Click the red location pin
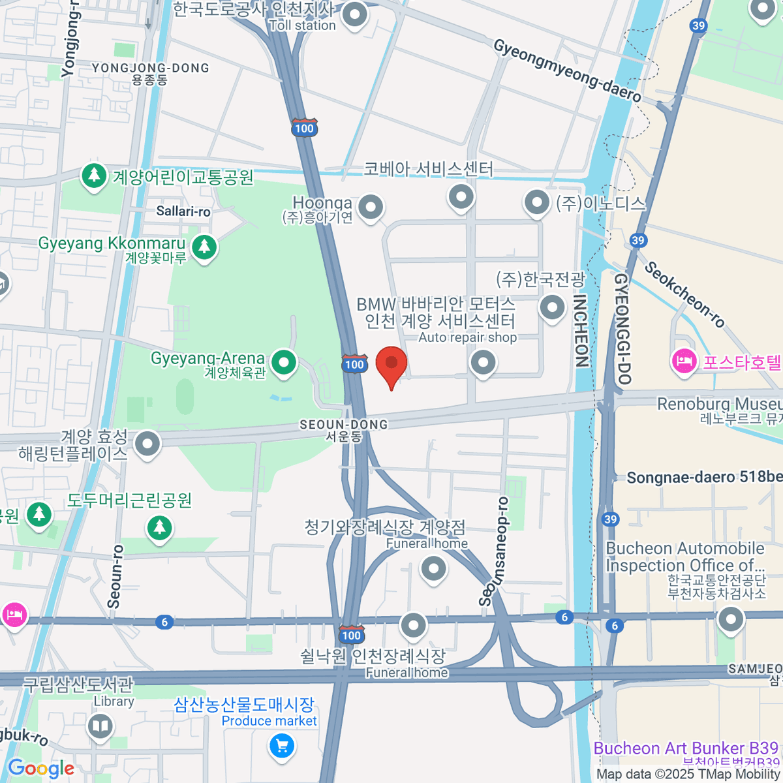[x=391, y=364]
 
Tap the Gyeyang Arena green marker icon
[x=284, y=363]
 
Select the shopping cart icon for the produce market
[x=282, y=746]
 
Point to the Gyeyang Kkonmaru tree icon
[x=205, y=247]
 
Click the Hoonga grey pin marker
[x=371, y=208]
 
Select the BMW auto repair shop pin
[x=484, y=362]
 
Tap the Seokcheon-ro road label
[x=684, y=294]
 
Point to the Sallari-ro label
[x=183, y=211]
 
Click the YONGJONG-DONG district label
[x=150, y=69]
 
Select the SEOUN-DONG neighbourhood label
[x=343, y=425]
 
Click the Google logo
[x=40, y=769]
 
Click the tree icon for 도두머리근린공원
[x=159, y=528]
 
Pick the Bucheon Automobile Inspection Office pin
[x=730, y=619]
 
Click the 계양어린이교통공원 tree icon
[x=95, y=176]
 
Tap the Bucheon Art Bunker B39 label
[x=686, y=748]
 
